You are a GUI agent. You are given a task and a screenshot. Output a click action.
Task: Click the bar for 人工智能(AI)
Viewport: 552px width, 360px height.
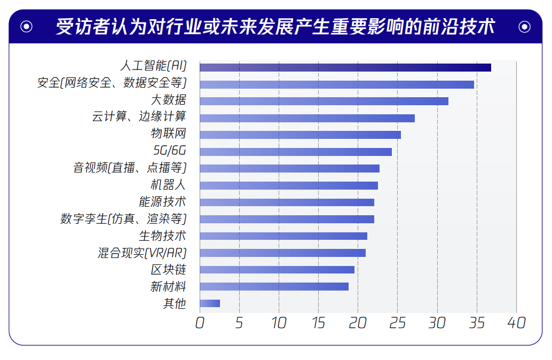pos(345,67)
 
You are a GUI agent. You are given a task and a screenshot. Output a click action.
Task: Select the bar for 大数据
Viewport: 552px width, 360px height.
pos(324,101)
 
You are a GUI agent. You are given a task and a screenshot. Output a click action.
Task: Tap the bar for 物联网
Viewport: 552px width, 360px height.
pos(300,135)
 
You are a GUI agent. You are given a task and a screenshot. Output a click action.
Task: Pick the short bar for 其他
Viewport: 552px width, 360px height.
pos(210,303)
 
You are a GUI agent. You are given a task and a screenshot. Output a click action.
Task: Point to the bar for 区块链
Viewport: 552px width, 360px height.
pos(277,270)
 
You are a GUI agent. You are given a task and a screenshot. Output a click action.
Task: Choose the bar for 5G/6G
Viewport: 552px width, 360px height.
pos(295,152)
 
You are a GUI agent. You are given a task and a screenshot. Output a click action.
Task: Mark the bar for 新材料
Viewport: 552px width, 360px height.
pos(274,286)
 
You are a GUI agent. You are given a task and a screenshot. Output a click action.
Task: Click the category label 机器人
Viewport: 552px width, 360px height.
pos(168,185)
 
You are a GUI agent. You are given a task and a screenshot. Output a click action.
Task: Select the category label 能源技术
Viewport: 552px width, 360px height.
pos(162,202)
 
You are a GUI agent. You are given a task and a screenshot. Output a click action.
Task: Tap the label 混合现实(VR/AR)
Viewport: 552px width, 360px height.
pos(142,253)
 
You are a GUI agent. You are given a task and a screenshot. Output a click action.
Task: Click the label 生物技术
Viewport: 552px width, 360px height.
pos(162,236)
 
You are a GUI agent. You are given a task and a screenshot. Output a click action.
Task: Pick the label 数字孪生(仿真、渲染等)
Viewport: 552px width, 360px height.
pos(123,219)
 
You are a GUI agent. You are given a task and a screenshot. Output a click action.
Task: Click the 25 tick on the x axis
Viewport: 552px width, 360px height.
pos(397,323)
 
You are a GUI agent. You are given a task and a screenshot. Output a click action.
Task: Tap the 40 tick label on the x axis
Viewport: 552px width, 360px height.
pos(516,323)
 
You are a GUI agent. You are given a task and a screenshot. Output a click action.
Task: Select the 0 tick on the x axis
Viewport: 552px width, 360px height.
pos(200,323)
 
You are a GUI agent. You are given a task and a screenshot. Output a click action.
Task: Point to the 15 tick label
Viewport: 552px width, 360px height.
pos(318,323)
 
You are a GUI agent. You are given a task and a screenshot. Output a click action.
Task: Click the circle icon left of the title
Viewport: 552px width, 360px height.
pos(27,26)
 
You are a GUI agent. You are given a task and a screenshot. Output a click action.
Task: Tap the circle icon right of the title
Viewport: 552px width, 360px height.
pos(524,26)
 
